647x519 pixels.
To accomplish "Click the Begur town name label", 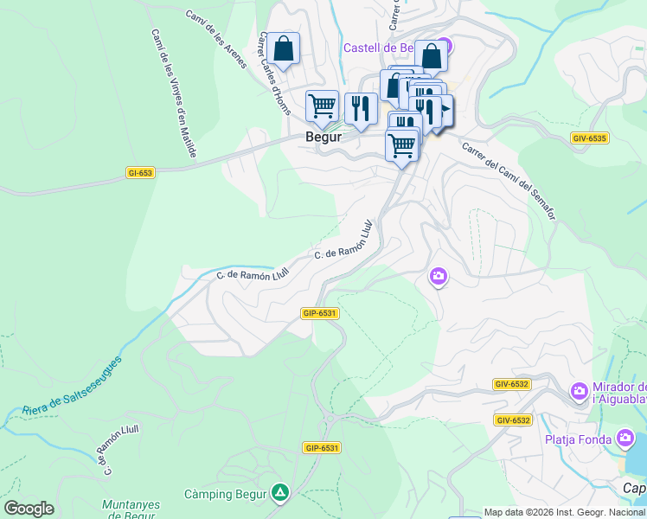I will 323,137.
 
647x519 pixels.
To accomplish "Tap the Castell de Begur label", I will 381,48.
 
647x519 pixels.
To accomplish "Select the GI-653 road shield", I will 139,173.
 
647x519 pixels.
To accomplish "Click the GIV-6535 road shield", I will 589,138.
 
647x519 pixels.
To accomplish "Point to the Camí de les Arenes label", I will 216,32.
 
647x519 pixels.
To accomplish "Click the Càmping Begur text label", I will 225,495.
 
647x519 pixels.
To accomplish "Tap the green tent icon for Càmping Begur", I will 279,494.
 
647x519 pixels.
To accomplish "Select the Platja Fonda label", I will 579,439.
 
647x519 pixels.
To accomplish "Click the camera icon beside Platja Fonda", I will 626,439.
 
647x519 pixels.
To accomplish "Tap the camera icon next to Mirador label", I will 579,393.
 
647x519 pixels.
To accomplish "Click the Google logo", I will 29,509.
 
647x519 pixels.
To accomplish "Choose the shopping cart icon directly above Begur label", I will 322,106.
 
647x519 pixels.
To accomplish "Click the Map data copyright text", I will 564,512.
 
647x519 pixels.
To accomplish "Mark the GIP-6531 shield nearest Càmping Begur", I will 321,448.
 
